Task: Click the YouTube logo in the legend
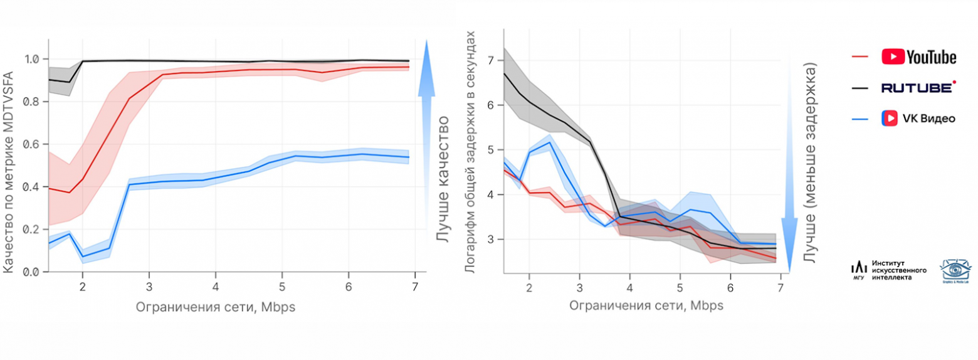pos(918,57)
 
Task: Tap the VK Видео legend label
pos(918,118)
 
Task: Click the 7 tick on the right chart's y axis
pos(492,60)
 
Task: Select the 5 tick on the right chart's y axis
pos(492,150)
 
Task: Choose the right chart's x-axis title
pos(646,306)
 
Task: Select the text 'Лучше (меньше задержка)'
pos(809,162)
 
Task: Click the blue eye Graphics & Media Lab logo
pos(955,270)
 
